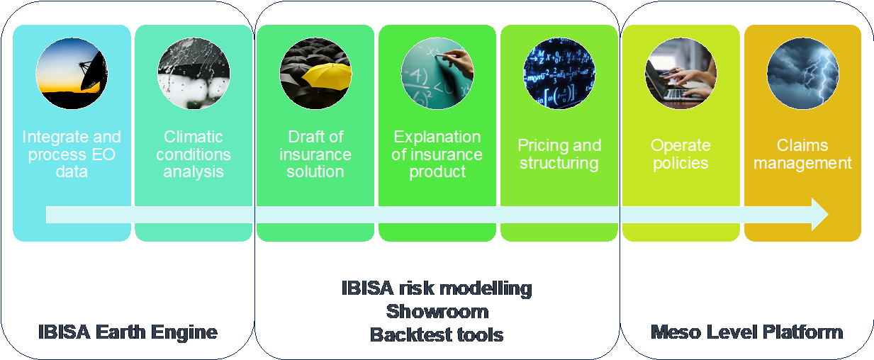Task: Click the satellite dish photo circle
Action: (x=72, y=73)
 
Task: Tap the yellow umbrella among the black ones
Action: (x=327, y=77)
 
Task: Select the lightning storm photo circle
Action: (x=802, y=73)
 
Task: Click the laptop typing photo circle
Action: (x=681, y=73)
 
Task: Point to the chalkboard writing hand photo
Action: (x=437, y=73)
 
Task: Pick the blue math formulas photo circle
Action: (x=559, y=73)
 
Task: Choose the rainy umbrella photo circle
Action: (x=194, y=73)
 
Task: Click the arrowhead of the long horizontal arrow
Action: (x=820, y=214)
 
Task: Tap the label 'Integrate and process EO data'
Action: (x=72, y=154)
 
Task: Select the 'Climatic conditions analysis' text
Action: (x=194, y=154)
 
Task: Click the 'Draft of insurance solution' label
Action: (x=315, y=154)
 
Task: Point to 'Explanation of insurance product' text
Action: (x=437, y=154)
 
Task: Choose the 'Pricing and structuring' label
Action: (x=559, y=154)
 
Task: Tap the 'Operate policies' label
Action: (x=681, y=154)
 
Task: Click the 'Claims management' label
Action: (x=802, y=154)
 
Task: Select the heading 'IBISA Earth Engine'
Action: (x=128, y=332)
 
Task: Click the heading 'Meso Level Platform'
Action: (x=747, y=332)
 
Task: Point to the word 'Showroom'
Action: (x=437, y=312)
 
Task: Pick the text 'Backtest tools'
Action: (x=437, y=334)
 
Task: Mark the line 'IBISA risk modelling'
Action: (x=437, y=288)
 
